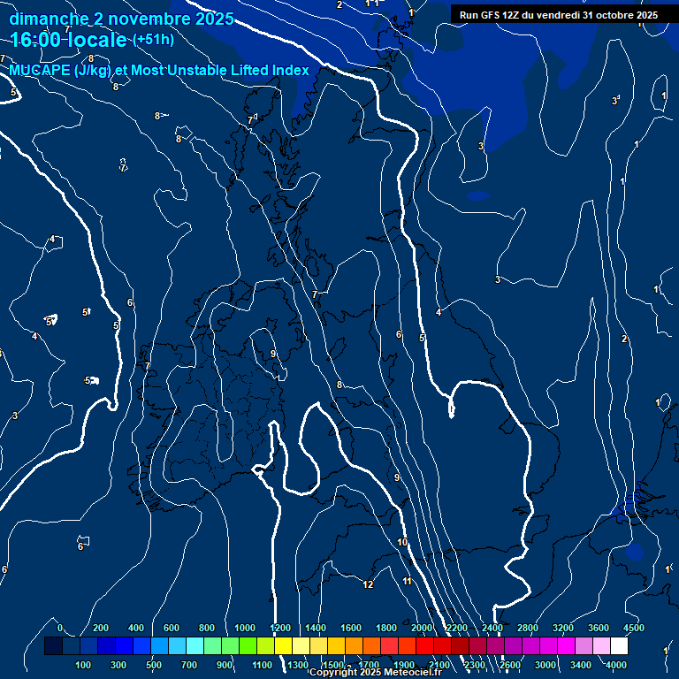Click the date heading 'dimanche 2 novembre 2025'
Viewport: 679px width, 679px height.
click(121, 19)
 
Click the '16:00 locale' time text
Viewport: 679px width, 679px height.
click(68, 40)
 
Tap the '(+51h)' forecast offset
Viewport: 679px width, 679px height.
click(153, 40)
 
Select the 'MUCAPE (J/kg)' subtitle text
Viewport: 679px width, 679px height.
click(60, 71)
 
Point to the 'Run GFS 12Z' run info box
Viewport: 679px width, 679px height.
click(559, 15)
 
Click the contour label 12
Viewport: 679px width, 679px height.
click(369, 584)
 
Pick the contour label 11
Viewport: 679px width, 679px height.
click(408, 581)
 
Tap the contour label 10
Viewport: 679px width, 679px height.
click(402, 542)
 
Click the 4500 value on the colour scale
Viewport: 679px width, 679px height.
click(633, 628)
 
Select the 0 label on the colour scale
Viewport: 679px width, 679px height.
click(60, 628)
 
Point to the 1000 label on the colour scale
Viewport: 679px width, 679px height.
click(245, 628)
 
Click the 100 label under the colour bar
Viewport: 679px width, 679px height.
click(84, 665)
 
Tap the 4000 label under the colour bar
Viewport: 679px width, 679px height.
click(616, 665)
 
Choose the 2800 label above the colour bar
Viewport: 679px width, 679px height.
click(528, 628)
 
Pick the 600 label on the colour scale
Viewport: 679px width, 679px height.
click(172, 628)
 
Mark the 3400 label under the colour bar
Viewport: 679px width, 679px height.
click(581, 665)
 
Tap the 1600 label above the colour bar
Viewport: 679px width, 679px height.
click(351, 628)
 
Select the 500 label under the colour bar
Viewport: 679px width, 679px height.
click(154, 665)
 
